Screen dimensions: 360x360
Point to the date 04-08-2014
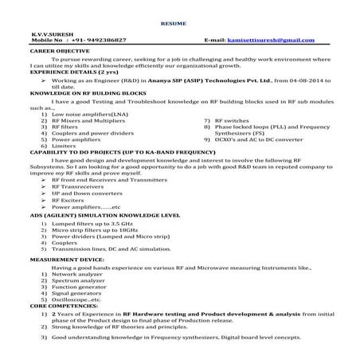[290, 80]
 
